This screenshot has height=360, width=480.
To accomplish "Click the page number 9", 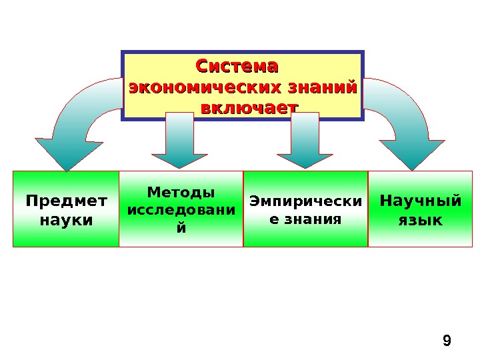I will point(447,342).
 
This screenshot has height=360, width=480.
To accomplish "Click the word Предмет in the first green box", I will point(65,201).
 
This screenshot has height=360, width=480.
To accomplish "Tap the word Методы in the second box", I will point(181,193).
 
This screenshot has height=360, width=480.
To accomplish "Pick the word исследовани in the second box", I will point(181,210).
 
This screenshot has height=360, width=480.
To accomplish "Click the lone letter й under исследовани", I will point(181,227).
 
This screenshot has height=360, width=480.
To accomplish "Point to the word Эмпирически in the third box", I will point(305,201).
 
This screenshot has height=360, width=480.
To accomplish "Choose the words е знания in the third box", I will point(305,219).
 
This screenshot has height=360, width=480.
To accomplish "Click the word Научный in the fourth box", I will point(420,201).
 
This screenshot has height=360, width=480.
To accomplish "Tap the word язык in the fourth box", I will point(420,219).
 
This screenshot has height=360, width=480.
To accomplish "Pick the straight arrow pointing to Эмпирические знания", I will point(305,140).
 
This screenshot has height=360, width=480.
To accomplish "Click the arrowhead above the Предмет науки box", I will point(65,153).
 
